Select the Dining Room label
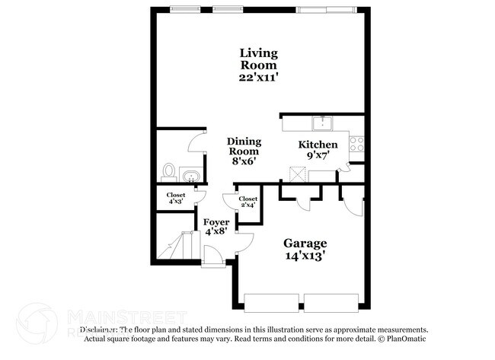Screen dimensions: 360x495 coord(244,147)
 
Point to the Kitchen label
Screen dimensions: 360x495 coord(318,145)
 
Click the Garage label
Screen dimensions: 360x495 coord(305,243)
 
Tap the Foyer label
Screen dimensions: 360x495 coord(216,222)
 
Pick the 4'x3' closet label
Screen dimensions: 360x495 coord(175,198)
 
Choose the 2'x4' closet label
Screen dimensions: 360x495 coord(247,202)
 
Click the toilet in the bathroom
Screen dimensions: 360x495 coord(169,171)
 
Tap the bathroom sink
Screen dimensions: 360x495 coord(190,177)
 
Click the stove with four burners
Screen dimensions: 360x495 coord(356,142)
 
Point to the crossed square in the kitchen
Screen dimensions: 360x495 coord(301,170)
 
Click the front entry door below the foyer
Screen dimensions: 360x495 coord(212,262)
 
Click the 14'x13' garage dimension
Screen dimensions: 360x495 coord(305,256)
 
